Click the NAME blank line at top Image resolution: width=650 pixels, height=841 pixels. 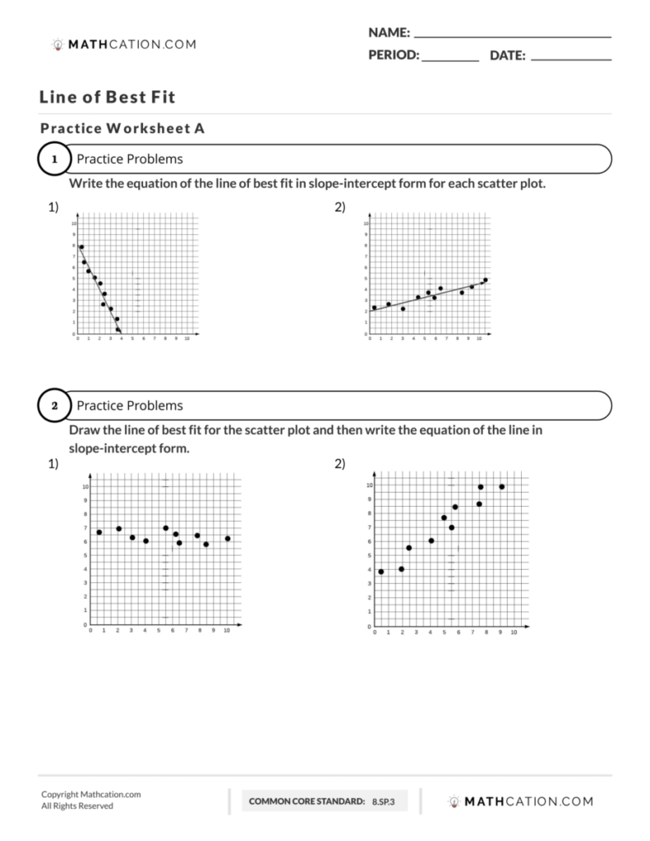(513, 37)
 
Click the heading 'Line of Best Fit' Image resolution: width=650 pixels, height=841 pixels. (107, 97)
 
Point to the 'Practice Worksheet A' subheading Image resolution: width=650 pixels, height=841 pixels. (122, 128)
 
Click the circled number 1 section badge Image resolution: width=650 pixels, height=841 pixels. (54, 159)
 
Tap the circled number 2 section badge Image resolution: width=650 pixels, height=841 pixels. (54, 406)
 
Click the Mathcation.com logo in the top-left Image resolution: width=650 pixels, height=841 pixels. (124, 44)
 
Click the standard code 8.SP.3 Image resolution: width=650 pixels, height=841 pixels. (384, 801)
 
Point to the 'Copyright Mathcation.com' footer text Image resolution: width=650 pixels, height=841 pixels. (91, 794)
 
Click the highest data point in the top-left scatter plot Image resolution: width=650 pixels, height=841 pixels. (81, 246)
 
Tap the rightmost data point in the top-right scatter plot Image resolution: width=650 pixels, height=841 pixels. (485, 280)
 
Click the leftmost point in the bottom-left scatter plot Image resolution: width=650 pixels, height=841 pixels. (99, 532)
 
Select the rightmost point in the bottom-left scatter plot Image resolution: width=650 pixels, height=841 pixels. (227, 539)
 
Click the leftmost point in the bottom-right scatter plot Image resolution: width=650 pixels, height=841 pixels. (381, 572)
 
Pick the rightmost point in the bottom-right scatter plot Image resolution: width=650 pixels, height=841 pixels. (501, 487)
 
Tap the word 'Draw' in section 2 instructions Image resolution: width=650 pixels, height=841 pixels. (83, 430)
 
